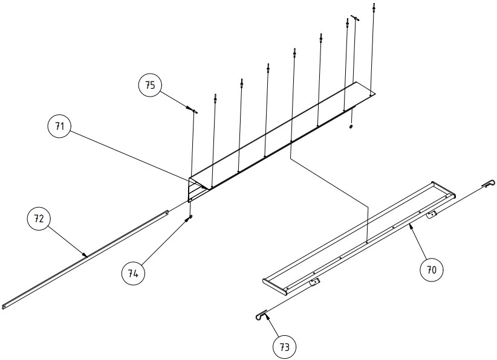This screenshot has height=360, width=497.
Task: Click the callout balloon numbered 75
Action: click(150, 85)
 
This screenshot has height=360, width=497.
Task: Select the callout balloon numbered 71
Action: click(60, 126)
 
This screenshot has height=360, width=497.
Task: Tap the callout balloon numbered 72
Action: click(39, 218)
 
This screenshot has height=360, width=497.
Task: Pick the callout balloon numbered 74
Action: click(133, 273)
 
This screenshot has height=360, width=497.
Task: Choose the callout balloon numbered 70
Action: click(431, 270)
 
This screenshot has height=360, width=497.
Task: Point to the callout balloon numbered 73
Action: click(285, 347)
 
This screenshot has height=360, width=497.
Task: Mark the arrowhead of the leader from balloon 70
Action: click(411, 226)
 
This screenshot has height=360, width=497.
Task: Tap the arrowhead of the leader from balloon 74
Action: click(187, 219)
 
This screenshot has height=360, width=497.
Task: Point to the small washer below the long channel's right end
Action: click(351, 127)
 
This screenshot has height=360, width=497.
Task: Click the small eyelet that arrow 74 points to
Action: click(190, 217)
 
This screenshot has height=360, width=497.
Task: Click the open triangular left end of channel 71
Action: click(195, 188)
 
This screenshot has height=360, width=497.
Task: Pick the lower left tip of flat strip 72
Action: click(2, 307)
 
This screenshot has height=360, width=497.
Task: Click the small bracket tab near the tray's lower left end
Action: click(314, 281)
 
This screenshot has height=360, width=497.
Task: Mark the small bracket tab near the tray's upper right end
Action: click(431, 214)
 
